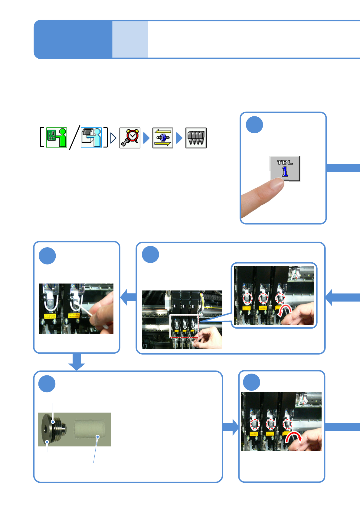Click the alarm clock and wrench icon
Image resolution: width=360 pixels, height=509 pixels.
pyautogui.click(x=130, y=138)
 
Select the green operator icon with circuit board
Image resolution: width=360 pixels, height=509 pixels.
pyautogui.click(x=57, y=138)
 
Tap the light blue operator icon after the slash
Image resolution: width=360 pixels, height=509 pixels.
pyautogui.click(x=91, y=138)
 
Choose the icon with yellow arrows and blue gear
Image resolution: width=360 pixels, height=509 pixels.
pyautogui.click(x=163, y=138)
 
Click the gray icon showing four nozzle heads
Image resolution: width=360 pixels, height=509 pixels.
pyautogui.click(x=196, y=138)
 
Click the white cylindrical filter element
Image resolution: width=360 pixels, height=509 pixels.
pyautogui.click(x=90, y=429)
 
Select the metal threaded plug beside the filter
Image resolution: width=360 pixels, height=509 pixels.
pyautogui.click(x=54, y=429)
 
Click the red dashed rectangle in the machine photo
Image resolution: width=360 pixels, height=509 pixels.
pyautogui.click(x=184, y=326)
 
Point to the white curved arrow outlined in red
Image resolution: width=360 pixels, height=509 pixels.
pyautogui.click(x=285, y=311)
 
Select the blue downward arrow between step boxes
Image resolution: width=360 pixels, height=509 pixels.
pyautogui.click(x=77, y=361)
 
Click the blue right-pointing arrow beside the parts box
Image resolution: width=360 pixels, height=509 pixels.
pyautogui.click(x=231, y=427)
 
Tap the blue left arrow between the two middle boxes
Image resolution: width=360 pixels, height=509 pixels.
pyautogui.click(x=128, y=297)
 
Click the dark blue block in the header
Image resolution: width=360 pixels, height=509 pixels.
pyautogui.click(x=73, y=39)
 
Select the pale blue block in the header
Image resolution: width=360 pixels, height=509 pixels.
pyautogui.click(x=130, y=39)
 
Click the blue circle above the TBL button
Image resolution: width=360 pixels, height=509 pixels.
pyautogui.click(x=254, y=125)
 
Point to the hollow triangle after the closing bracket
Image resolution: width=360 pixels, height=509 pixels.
pyautogui.click(x=113, y=138)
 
